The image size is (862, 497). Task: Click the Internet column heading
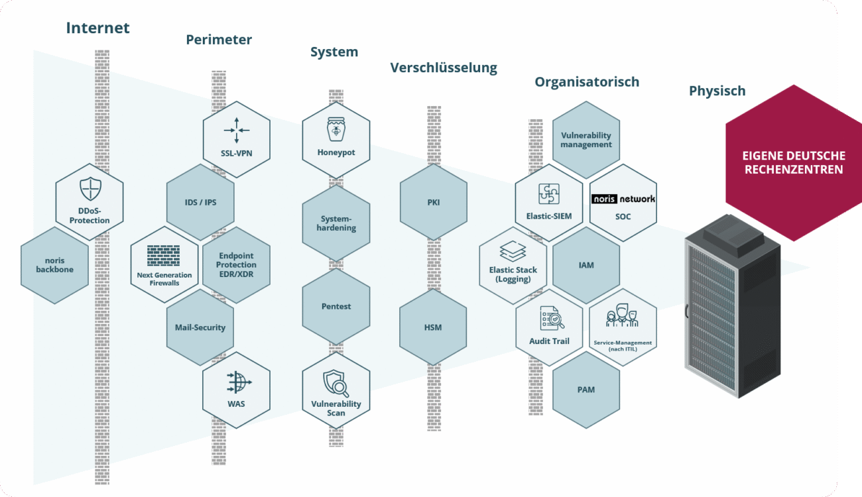pyautogui.click(x=97, y=28)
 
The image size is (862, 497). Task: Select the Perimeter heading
pyautogui.click(x=219, y=40)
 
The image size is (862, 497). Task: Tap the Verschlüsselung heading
pyautogui.click(x=443, y=68)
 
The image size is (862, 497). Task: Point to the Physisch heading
pyautogui.click(x=717, y=91)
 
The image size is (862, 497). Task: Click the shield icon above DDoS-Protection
pyautogui.click(x=90, y=190)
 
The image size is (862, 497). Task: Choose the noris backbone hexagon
pyautogui.click(x=54, y=265)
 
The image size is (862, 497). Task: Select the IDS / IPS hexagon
pyautogui.click(x=200, y=202)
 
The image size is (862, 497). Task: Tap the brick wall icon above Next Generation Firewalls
pyautogui.click(x=164, y=256)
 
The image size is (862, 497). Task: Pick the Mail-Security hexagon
pyautogui.click(x=200, y=327)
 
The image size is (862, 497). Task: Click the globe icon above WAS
pyautogui.click(x=237, y=383)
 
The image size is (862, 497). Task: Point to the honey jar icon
pyautogui.click(x=336, y=129)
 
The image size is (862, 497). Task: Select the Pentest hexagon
pyautogui.click(x=336, y=307)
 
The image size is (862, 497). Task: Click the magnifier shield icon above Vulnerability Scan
pyautogui.click(x=336, y=383)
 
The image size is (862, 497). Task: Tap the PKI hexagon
pyautogui.click(x=434, y=202)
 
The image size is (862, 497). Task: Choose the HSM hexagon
pyautogui.click(x=434, y=327)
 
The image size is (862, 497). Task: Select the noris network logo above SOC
pyautogui.click(x=623, y=199)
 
